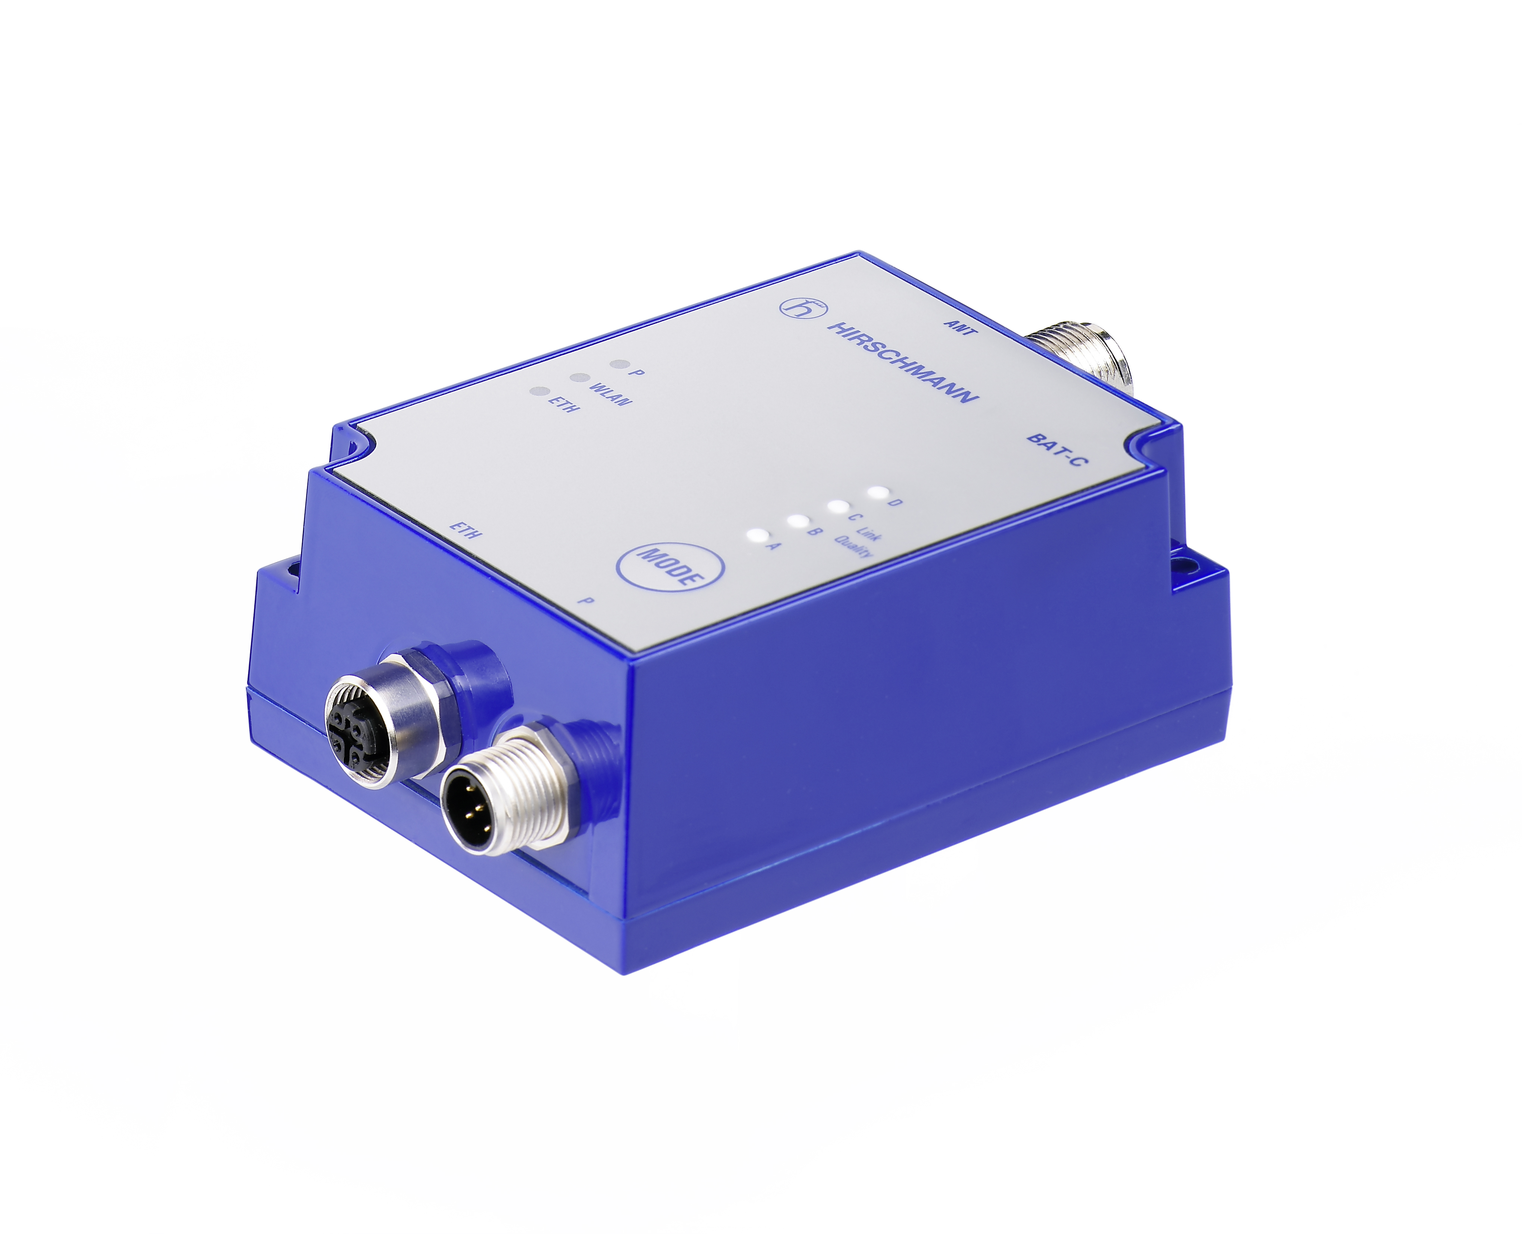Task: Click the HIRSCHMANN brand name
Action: pos(902,362)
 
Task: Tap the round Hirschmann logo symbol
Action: pos(803,308)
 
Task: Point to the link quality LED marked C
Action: pos(839,507)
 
